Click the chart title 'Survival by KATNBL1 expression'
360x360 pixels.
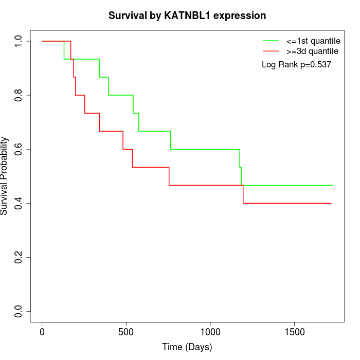pos(187,16)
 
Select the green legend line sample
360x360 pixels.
pos(271,40)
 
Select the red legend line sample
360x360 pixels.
pos(271,51)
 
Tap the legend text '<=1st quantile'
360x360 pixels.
pos(312,40)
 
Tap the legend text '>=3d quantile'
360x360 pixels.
pos(312,51)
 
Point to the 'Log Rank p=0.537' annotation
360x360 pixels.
pos(296,65)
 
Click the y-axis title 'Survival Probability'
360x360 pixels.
pos(5,176)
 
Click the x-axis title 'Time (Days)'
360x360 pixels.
pos(187,347)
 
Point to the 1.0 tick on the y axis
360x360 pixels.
pos(19,41)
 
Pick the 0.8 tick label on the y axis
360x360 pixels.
pos(19,95)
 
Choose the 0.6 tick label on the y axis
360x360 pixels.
pos(19,149)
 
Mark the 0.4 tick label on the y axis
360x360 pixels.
pos(19,203)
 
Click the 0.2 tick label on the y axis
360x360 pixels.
pos(19,257)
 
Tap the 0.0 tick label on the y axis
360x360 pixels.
pos(19,311)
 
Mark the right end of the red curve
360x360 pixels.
pos(331,203)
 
